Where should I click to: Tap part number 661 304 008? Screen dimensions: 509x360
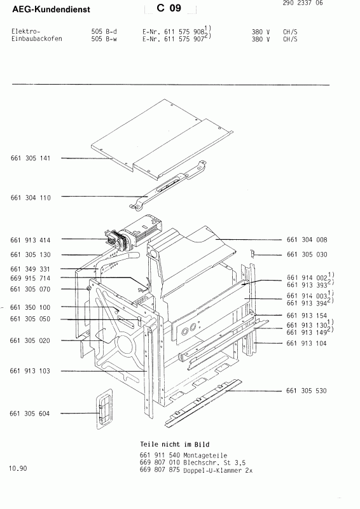[307, 240]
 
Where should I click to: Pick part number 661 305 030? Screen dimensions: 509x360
[307, 254]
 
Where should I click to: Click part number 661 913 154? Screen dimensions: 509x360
[307, 315]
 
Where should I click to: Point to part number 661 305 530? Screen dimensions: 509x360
[307, 390]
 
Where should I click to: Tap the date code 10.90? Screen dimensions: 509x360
[18, 469]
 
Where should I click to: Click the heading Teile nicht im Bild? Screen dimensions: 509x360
[174, 443]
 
